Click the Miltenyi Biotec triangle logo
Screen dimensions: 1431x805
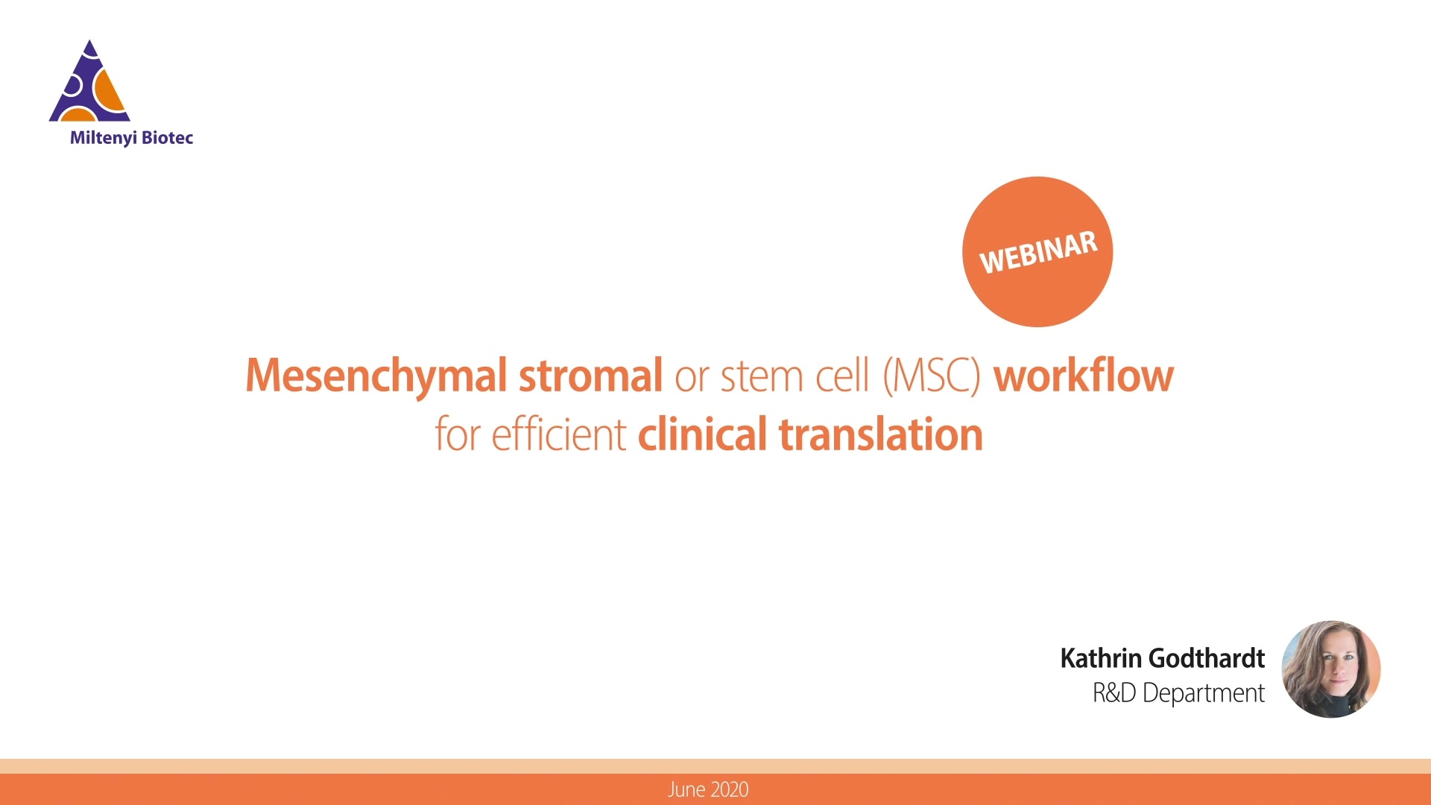(89, 82)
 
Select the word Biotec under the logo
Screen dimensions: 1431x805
(168, 137)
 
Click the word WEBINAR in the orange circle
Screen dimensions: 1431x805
(1038, 252)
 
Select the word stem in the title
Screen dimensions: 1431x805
(762, 376)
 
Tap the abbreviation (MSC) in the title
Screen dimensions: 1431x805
(932, 376)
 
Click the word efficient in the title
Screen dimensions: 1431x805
(559, 435)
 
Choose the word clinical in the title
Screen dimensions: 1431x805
(702, 435)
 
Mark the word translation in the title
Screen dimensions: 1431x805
(881, 435)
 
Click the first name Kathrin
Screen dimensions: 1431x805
(1101, 658)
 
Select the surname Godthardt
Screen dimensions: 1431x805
(1207, 658)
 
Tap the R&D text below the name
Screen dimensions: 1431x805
(1114, 693)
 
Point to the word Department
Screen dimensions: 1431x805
(1204, 694)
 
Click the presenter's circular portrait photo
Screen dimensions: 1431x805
(1331, 669)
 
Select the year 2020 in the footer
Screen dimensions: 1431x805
(729, 790)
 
